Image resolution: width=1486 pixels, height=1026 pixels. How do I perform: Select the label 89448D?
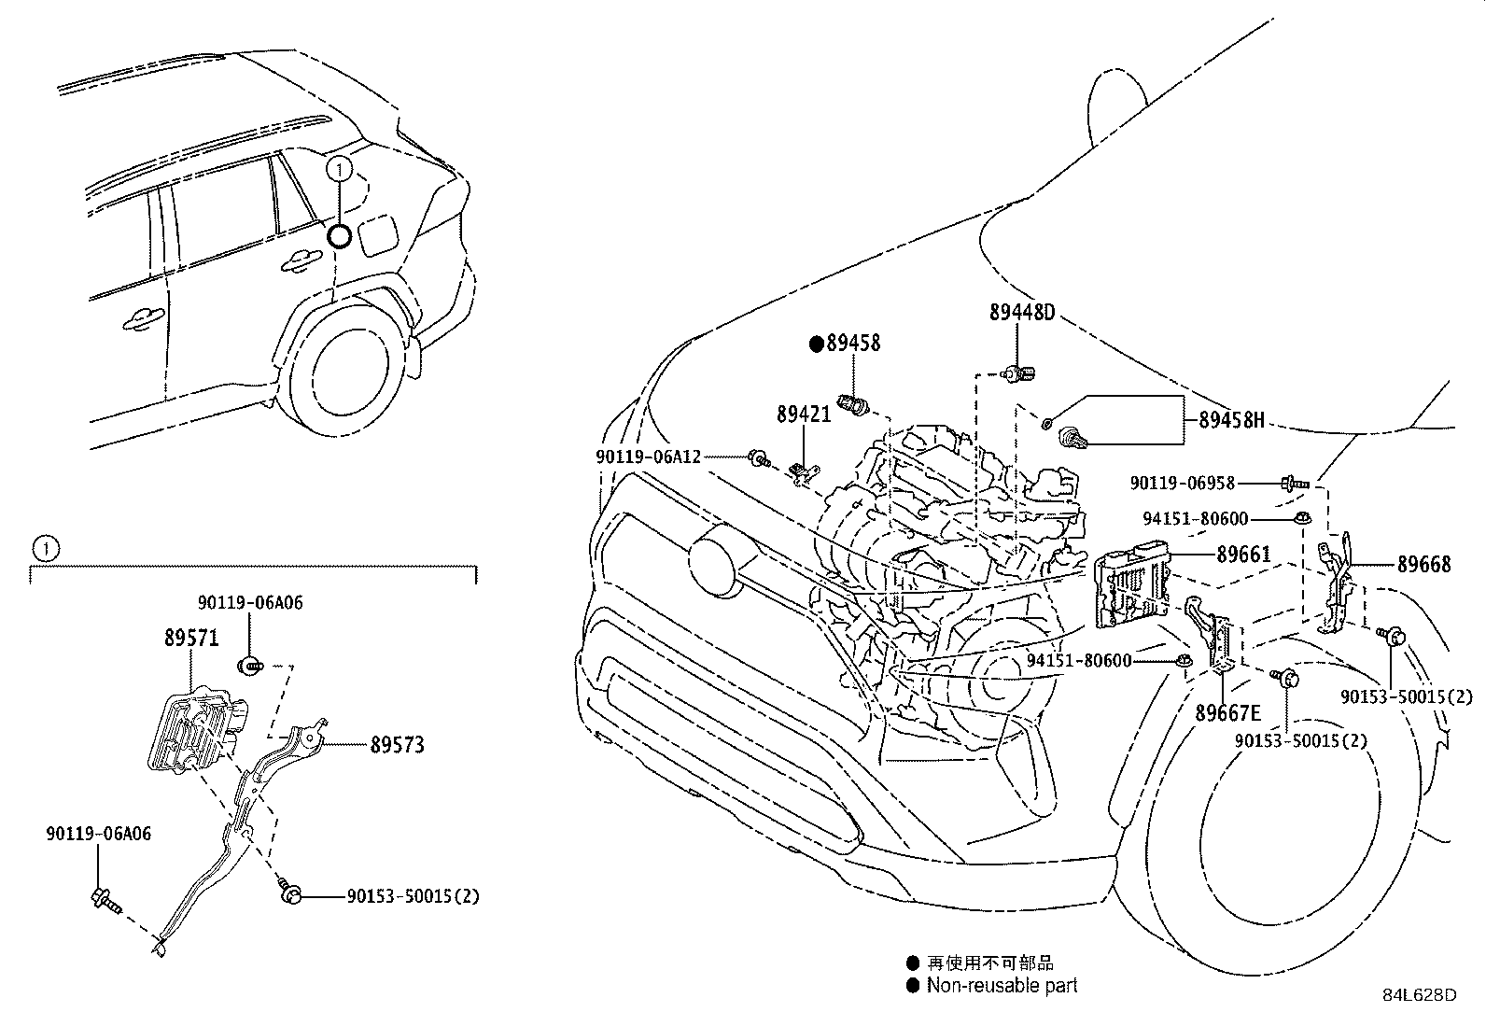pos(1021,313)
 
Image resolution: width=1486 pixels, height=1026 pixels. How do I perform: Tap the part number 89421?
pos(803,414)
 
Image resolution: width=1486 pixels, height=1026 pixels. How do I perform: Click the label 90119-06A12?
pos(648,457)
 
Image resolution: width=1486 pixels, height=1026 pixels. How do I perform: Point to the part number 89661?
pos(1243,555)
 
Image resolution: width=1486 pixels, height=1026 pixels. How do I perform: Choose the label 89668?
pos(1423,565)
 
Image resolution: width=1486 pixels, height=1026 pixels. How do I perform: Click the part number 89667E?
pos(1227,713)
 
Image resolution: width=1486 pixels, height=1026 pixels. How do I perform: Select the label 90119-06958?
pos(1182,484)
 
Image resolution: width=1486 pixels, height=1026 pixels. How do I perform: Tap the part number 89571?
pos(190,639)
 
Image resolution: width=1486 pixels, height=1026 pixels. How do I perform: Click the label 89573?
pos(397,745)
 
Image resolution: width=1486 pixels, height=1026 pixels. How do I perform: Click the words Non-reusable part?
pos(1002,985)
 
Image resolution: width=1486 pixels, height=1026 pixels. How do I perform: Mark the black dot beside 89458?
pos(817,344)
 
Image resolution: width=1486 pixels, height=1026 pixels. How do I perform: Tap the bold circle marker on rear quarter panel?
pos(340,235)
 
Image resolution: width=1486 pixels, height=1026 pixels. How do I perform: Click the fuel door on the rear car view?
pos(378,234)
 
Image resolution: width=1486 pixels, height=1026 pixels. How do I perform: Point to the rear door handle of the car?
pos(300,262)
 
